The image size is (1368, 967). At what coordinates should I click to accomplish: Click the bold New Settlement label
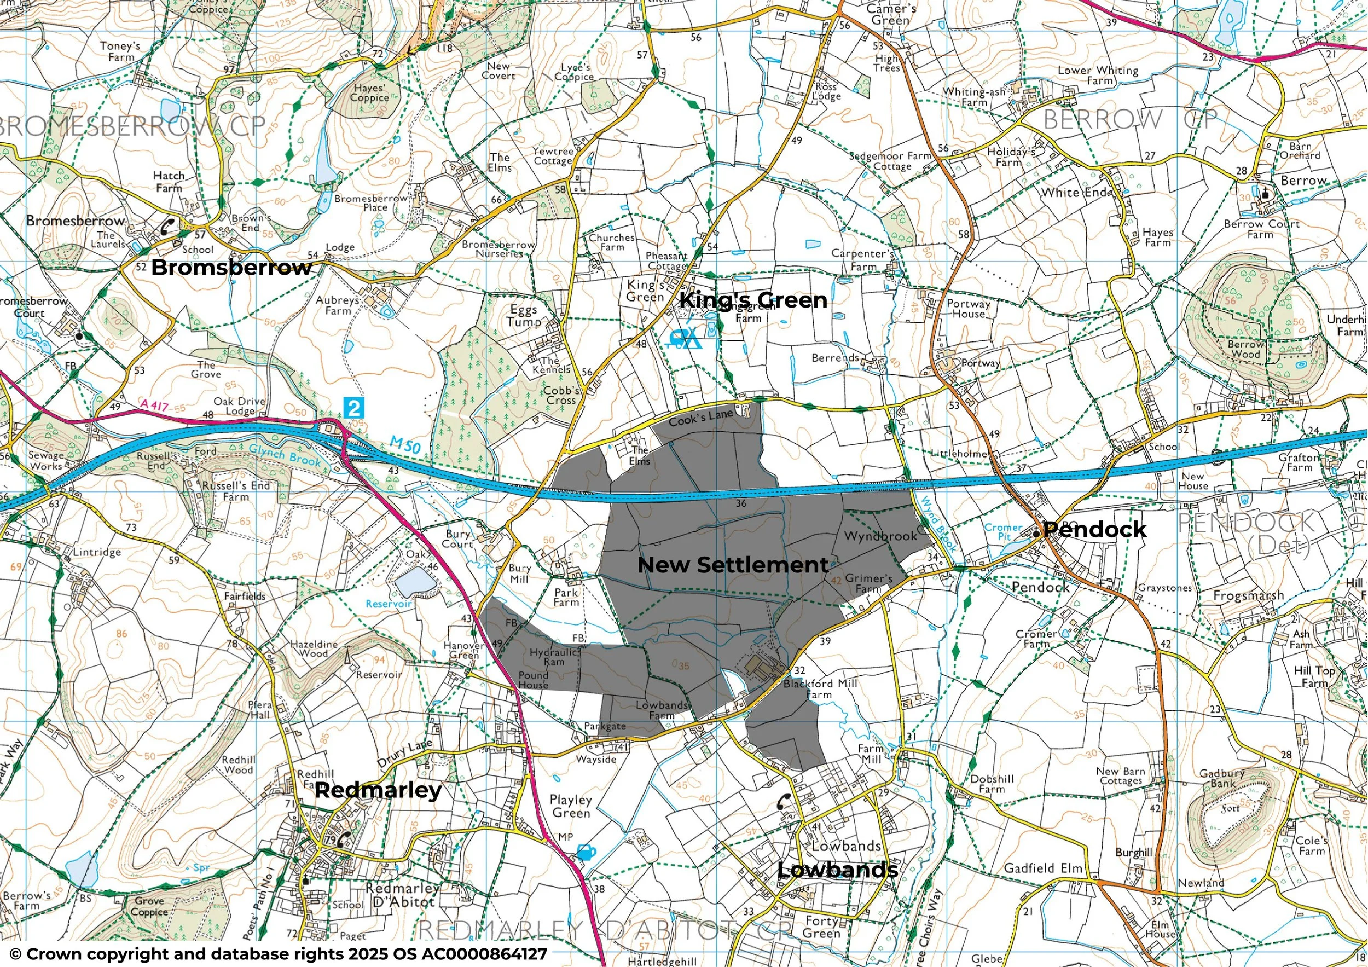(x=733, y=565)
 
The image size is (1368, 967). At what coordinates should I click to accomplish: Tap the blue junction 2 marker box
(x=354, y=408)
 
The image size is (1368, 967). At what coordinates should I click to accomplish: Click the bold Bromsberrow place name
(x=231, y=268)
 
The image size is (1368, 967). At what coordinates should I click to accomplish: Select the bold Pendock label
(x=1094, y=530)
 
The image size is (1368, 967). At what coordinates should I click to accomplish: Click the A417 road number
(x=154, y=405)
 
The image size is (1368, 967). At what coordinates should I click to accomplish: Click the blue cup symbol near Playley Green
(x=586, y=853)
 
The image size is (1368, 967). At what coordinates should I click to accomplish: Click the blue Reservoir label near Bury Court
(x=389, y=604)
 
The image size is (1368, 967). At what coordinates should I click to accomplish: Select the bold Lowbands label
(x=837, y=870)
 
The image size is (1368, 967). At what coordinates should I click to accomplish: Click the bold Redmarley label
(x=378, y=790)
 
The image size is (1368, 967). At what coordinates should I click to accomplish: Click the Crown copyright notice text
(x=278, y=954)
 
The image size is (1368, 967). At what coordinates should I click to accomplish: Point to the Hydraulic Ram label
(x=554, y=657)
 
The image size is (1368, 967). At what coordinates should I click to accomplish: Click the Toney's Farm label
(x=121, y=51)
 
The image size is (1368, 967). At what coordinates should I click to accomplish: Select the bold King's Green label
(x=753, y=300)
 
